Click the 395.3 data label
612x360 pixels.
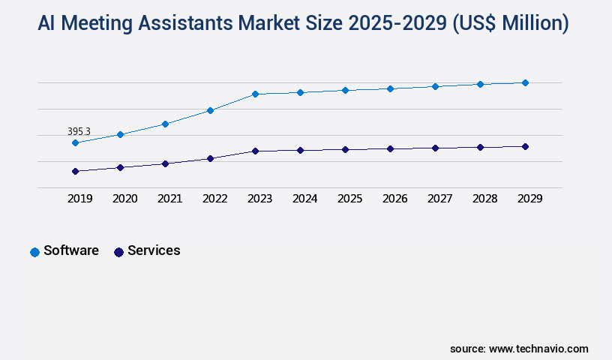tap(79, 131)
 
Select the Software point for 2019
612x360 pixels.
tap(75, 142)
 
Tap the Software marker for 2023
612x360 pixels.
tap(255, 94)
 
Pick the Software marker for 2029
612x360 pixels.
tap(525, 82)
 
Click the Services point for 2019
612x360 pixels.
tap(75, 171)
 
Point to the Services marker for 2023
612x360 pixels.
tap(255, 151)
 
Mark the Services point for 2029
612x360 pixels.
tap(525, 146)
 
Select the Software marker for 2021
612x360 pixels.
tap(165, 124)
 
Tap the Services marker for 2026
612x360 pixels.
tap(390, 148)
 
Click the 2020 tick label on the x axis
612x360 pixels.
tap(125, 199)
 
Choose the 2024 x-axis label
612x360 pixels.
tap(305, 199)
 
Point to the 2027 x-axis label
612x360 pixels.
tap(440, 199)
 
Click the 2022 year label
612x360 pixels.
tap(215, 199)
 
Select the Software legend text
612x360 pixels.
tap(71, 250)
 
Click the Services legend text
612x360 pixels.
tap(154, 250)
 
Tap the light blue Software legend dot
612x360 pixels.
tap(34, 252)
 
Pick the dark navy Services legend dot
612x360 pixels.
tap(118, 252)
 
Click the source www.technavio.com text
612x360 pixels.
tap(519, 349)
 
